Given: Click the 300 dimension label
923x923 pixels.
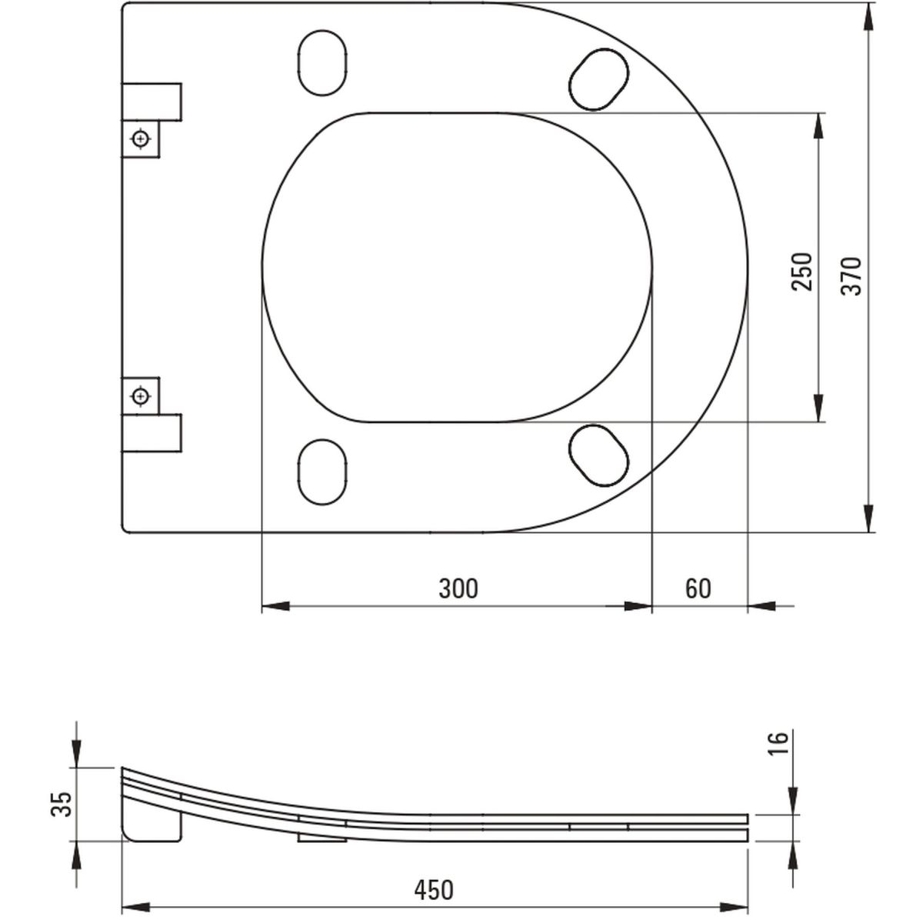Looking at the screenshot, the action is [x=458, y=588].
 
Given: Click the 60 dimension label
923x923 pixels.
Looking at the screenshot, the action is [x=698, y=588].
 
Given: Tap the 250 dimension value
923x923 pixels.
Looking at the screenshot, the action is [x=802, y=272].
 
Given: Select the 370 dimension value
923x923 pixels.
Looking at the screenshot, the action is [x=851, y=276].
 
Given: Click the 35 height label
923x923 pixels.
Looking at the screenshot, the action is [x=62, y=804].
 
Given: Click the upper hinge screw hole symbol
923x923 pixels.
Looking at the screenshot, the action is [x=141, y=139].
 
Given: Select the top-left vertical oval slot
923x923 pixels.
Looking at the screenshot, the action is [x=322, y=63].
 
